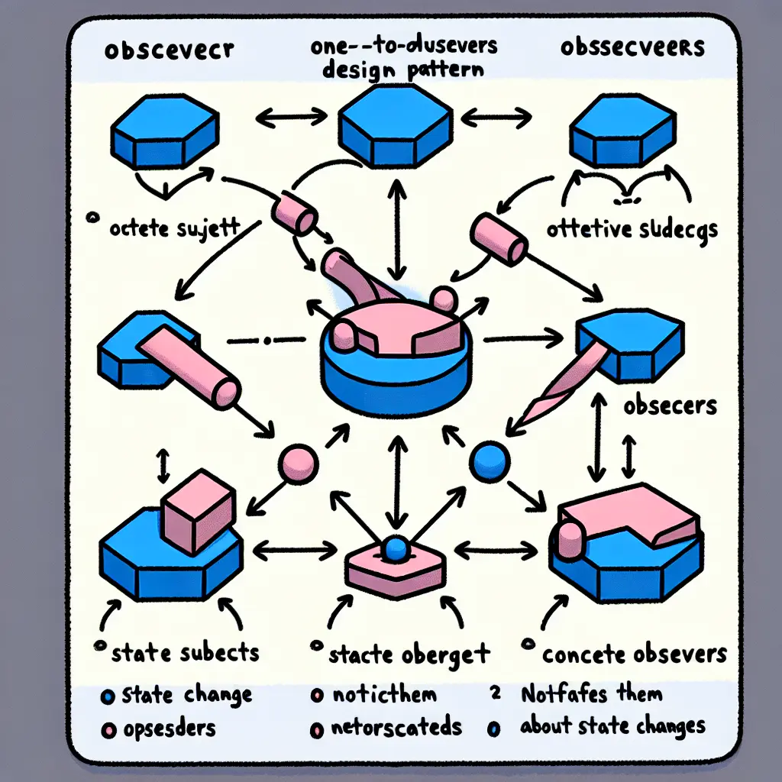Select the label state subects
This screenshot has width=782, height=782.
coord(186,653)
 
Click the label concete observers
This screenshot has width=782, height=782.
coord(633,654)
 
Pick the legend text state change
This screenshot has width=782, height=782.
coord(186,695)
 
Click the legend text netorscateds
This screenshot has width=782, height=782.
coord(397,726)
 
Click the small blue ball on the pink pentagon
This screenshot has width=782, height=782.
coord(395,547)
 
